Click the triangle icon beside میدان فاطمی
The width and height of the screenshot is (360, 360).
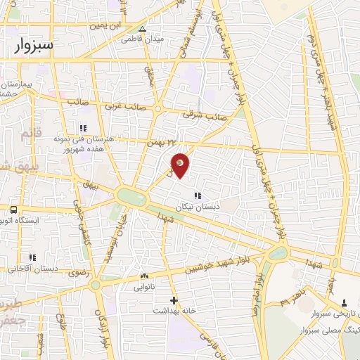click(x=143, y=30)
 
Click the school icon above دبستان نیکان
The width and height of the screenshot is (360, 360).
click(x=197, y=195)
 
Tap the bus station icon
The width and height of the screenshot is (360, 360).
click(x=13, y=209)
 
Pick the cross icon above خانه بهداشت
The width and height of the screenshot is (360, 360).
click(x=174, y=300)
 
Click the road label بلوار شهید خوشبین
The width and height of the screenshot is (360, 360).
click(x=209, y=265)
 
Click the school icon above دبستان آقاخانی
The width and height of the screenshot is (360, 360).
click(x=31, y=257)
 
